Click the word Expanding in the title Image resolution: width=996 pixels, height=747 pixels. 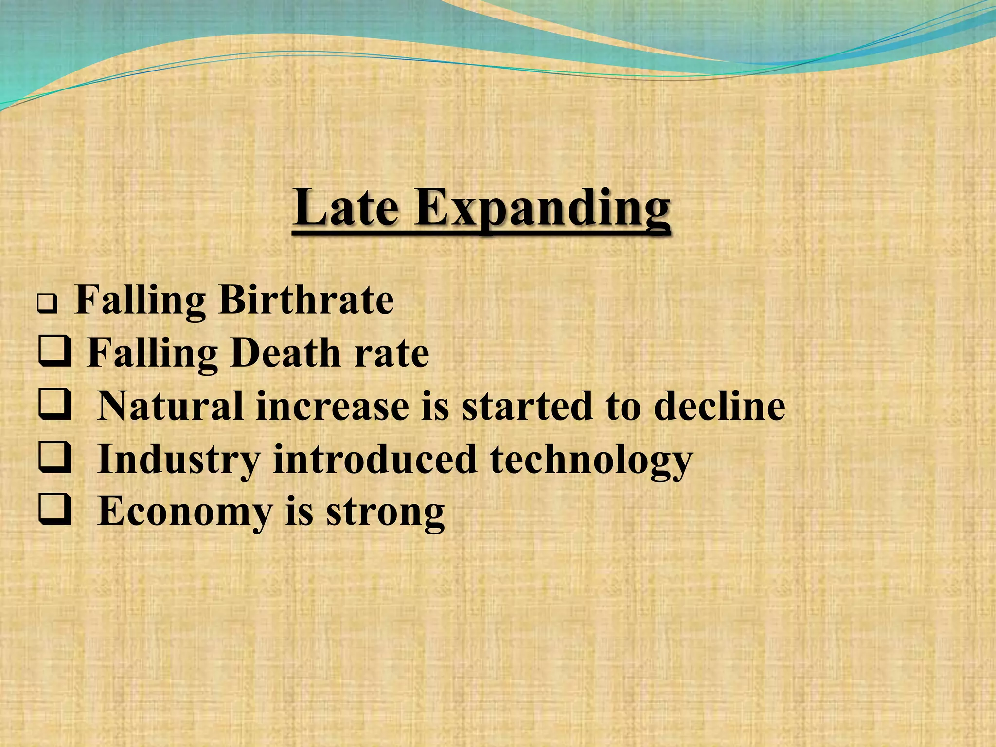[x=542, y=210]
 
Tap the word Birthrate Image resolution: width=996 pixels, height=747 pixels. [x=306, y=300]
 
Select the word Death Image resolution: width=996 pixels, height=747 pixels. [x=286, y=353]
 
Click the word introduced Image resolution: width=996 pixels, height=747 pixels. [x=375, y=459]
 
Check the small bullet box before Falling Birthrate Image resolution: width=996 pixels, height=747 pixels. [x=48, y=305]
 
